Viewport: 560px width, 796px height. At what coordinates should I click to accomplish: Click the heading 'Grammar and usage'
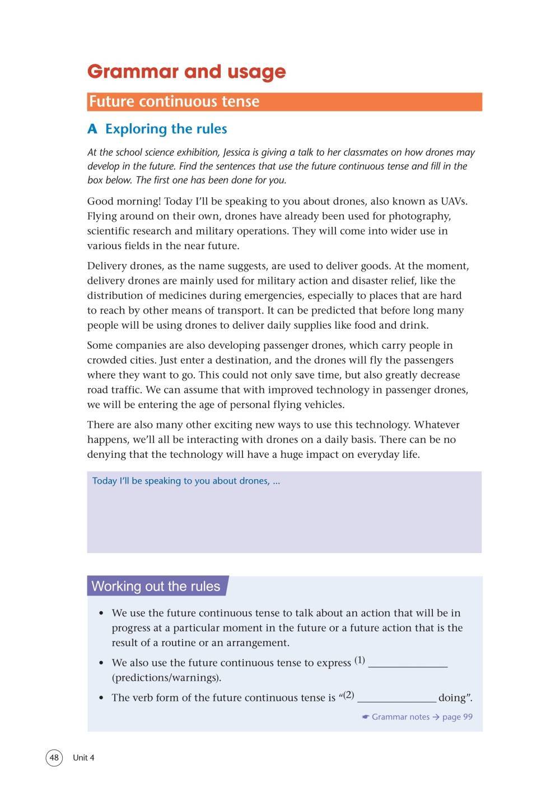pos(186,72)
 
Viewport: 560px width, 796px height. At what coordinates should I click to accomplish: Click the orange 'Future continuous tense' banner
pos(284,102)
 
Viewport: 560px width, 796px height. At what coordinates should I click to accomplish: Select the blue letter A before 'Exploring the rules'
pos(92,129)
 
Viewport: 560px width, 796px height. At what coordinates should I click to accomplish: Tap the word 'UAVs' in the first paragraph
pos(454,202)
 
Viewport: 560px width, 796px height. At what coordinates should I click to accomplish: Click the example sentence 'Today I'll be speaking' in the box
pos(186,481)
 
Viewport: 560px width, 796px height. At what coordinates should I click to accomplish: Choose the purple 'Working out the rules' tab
pos(156,586)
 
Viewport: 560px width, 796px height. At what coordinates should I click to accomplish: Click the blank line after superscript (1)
pos(408,665)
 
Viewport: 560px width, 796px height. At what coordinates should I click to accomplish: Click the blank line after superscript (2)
pos(396,700)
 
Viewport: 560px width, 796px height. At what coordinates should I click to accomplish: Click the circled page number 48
pos(54,758)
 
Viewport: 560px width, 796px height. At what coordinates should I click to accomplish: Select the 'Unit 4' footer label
pos(83,758)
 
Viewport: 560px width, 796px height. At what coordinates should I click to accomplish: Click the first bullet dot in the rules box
pos(101,614)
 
